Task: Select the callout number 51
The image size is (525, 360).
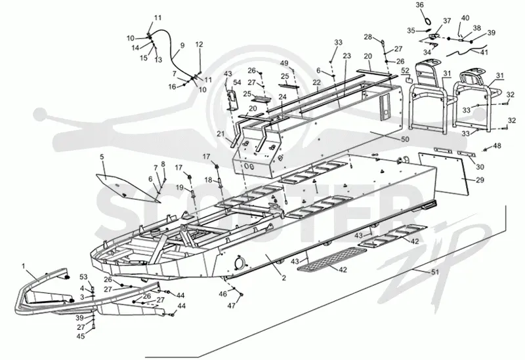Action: (434, 272)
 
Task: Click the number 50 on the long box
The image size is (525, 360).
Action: (405, 139)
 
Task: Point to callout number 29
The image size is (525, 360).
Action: (480, 180)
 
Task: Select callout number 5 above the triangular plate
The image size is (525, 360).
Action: (102, 157)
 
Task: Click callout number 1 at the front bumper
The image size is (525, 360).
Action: (23, 266)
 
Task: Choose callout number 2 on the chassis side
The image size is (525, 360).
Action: (283, 277)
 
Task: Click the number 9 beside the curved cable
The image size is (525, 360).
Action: (182, 45)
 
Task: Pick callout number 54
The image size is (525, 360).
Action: (237, 83)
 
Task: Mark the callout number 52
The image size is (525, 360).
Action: (405, 71)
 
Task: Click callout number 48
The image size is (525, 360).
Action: (497, 146)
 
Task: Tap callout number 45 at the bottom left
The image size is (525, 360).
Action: (81, 336)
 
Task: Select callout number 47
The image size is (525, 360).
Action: (232, 306)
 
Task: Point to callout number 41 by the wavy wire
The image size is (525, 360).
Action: (484, 52)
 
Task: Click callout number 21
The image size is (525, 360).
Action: (220, 134)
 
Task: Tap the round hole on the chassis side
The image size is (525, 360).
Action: (240, 262)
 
